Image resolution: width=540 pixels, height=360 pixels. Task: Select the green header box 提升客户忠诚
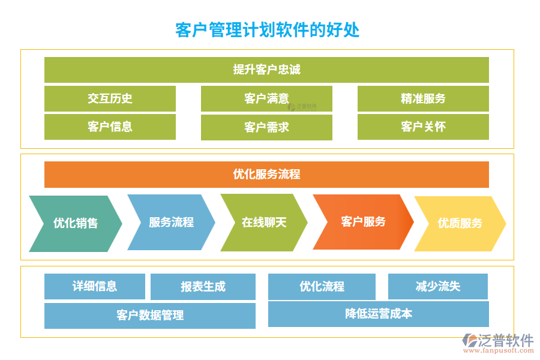pos(266,70)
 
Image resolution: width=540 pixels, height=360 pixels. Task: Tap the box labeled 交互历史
pos(110,98)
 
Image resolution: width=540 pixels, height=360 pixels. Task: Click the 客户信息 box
pos(110,127)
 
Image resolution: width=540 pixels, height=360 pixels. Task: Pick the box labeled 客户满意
pos(266,98)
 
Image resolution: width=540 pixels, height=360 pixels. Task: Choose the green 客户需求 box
pos(266,127)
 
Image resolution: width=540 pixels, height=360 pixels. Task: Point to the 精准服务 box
pos(423,98)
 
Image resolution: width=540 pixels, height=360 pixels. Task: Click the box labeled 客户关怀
pos(423,127)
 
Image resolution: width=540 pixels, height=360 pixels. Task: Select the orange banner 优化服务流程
pos(266,175)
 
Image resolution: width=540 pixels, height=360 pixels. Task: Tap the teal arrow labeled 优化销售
pos(76,223)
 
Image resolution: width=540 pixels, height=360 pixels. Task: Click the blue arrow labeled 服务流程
pos(171,222)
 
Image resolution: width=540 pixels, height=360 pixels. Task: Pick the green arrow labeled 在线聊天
pos(264,223)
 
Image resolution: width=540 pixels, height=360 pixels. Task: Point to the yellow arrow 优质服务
pos(460,223)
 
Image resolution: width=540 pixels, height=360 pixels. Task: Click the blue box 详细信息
pos(95,286)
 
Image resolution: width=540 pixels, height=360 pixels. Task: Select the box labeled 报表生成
pos(203,287)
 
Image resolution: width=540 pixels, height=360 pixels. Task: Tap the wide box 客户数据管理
pos(150,316)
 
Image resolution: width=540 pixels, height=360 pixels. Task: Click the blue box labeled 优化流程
pos(322,287)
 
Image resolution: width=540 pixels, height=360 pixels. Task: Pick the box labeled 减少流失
pos(438,286)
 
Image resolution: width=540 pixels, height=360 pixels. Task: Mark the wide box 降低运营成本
pos(378,314)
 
